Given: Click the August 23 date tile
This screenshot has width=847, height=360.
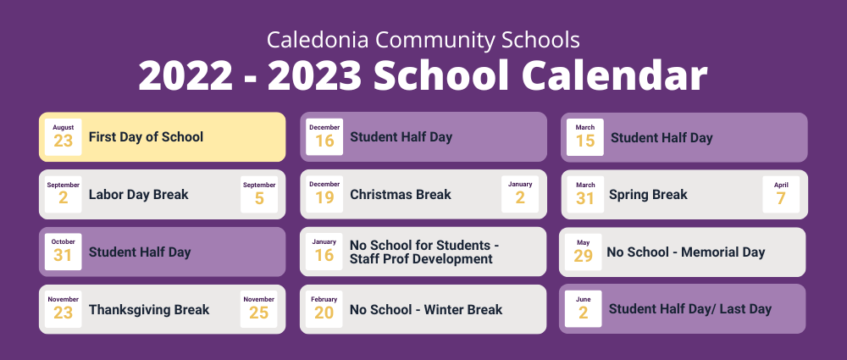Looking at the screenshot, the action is (64, 137).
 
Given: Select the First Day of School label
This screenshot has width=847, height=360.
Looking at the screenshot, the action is (146, 136).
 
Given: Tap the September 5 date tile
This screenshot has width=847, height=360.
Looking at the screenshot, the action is (259, 195).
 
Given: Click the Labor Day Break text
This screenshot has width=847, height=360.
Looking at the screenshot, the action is (139, 195).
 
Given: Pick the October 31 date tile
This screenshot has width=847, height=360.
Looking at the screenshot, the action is (64, 252).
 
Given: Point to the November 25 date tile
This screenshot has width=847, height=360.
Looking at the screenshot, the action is (258, 309).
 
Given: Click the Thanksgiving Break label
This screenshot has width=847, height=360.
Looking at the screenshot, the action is (149, 310).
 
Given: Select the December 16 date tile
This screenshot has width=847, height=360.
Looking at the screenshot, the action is (324, 137).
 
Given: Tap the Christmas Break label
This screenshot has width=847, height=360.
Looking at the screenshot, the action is (401, 195).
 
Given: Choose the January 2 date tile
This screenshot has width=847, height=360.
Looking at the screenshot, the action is (520, 194).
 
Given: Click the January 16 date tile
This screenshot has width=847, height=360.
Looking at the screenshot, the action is (324, 252).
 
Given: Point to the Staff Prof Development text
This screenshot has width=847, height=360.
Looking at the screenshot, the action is (421, 259).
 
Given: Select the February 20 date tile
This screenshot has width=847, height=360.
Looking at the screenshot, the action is (324, 309).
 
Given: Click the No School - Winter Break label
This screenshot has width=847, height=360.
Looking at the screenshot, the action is (426, 310).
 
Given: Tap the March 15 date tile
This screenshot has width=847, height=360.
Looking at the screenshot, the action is (585, 137).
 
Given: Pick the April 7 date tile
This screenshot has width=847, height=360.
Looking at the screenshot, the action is (781, 194).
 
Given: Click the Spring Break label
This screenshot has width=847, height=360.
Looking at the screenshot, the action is (648, 195).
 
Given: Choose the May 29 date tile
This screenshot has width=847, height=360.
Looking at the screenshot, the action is (584, 252).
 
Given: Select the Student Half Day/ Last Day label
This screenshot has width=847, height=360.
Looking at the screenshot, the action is (690, 309).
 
